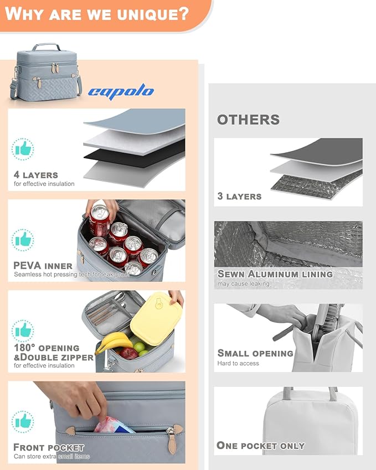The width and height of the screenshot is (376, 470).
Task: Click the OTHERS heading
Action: pos(248,120)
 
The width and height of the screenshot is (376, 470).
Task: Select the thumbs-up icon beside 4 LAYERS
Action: pos(23,149)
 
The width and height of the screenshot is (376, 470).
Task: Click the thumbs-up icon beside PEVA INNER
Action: pos(23,240)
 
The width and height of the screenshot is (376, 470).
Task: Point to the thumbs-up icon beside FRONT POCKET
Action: pos(23,421)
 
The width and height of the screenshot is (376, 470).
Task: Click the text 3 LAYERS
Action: pos(239,196)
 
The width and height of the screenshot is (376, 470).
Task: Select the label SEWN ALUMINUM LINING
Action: pos(275,274)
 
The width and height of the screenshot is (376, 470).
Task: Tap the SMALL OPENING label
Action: pos(255,353)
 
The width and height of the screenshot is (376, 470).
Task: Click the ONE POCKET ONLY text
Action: pos(260,446)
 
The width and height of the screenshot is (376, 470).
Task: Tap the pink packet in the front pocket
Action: pos(113,425)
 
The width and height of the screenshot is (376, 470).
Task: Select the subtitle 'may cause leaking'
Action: pos(244,283)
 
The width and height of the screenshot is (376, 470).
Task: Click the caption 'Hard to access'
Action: pos(238,363)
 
